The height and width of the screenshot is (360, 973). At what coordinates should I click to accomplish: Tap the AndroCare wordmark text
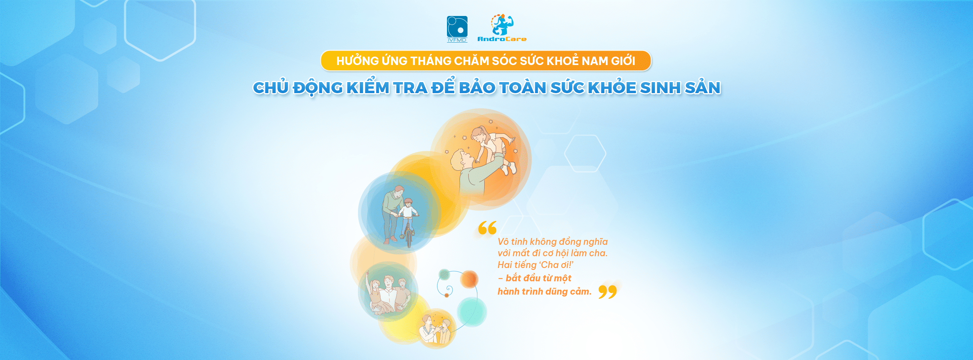click(x=502, y=39)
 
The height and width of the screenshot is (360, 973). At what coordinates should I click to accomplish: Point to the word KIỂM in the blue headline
click(x=368, y=87)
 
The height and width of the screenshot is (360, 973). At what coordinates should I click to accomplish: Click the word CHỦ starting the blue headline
click(x=270, y=87)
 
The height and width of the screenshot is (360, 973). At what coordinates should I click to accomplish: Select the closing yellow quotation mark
click(x=607, y=292)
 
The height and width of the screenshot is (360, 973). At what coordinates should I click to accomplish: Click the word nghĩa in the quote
click(x=595, y=242)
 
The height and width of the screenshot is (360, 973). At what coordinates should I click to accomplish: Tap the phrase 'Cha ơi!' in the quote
click(x=556, y=265)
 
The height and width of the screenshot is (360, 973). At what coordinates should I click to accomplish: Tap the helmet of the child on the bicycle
click(x=408, y=201)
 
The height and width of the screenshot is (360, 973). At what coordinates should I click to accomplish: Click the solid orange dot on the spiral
click(x=469, y=279)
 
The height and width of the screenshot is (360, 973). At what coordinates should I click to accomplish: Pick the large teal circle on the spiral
click(x=472, y=312)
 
